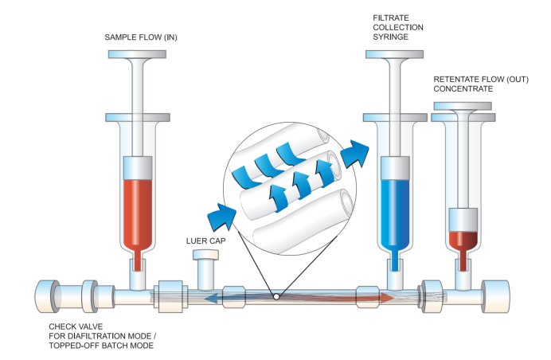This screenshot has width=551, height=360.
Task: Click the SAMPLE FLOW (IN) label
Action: click(x=141, y=37)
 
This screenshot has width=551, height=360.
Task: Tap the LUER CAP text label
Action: click(x=206, y=241)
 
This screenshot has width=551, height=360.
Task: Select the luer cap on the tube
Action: click(x=206, y=268)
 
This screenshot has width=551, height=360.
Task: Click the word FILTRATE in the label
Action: click(x=391, y=18)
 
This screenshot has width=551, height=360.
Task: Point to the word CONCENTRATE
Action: click(x=463, y=88)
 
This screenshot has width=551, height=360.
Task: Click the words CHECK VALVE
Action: click(x=76, y=327)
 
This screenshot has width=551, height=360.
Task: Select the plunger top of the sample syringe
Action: click(x=137, y=54)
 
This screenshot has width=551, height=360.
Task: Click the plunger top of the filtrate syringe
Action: click(x=395, y=54)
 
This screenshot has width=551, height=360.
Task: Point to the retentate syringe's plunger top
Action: click(x=463, y=106)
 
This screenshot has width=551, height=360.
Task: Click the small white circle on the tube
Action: click(x=276, y=297)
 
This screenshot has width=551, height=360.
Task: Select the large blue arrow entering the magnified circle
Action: click(x=221, y=216)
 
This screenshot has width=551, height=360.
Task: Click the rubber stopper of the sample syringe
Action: click(x=138, y=168)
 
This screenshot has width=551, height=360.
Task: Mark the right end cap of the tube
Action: click(x=495, y=296)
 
